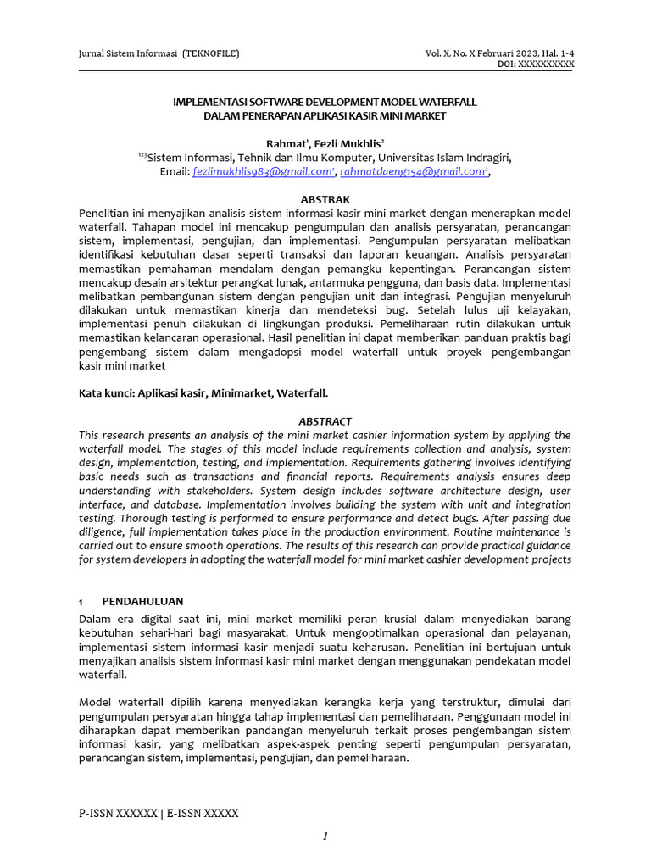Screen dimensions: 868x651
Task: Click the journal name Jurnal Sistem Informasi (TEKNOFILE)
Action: pos(159,53)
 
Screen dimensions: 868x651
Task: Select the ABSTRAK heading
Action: pos(325,198)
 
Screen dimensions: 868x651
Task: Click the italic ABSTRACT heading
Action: pos(325,421)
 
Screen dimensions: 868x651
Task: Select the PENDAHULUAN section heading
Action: pos(149,601)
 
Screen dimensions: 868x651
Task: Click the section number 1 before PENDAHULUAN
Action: pos(81,601)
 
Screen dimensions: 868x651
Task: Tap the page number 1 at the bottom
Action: pos(325,837)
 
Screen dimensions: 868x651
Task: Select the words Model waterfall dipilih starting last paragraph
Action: pos(139,703)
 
